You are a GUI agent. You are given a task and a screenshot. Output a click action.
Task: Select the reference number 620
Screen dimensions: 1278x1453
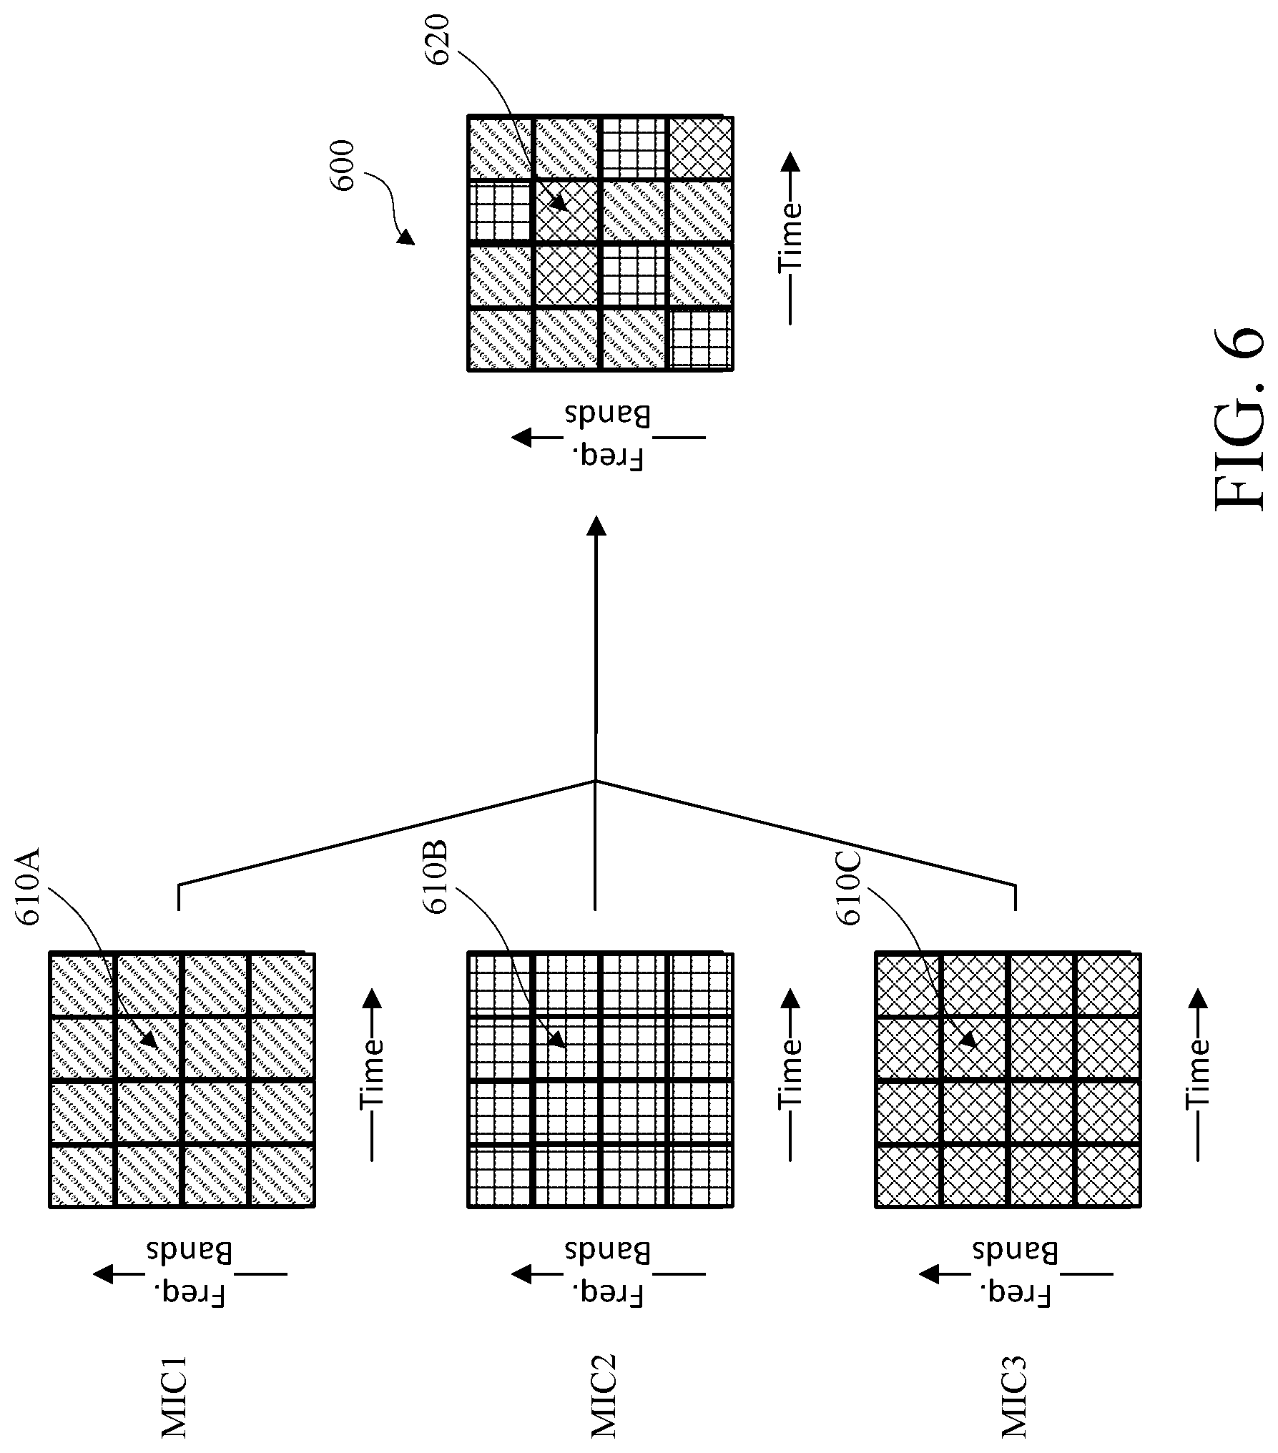440,39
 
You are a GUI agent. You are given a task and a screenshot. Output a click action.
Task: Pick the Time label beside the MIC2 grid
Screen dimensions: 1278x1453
790,1073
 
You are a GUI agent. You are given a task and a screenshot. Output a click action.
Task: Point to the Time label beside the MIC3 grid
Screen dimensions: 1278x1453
1198,1073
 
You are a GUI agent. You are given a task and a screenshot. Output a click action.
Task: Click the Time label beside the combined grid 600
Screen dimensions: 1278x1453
790,237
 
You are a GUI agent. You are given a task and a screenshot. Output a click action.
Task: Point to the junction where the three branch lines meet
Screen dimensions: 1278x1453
595,781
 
